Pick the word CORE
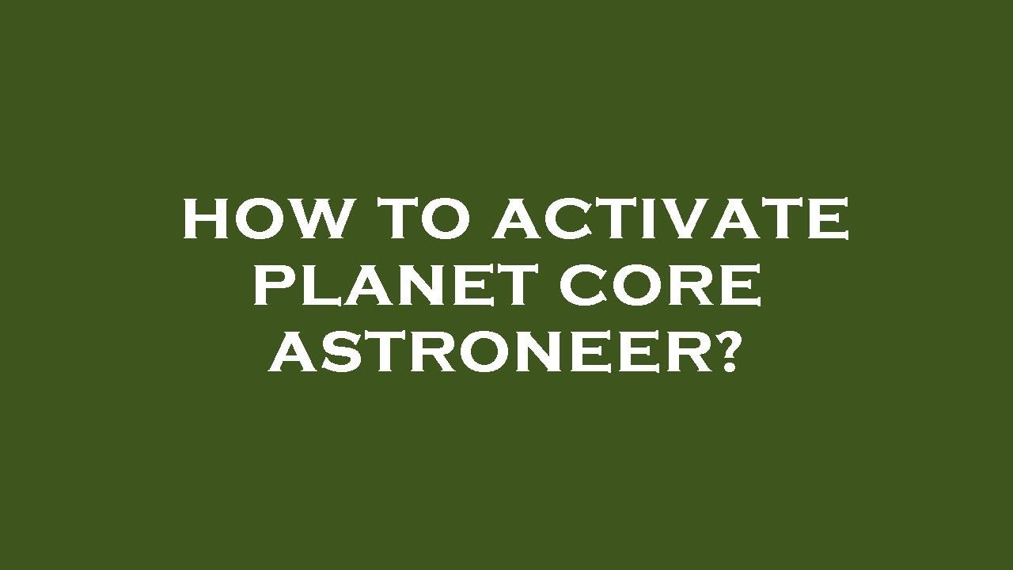pyautogui.click(x=660, y=286)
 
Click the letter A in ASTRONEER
pyautogui.click(x=295, y=353)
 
